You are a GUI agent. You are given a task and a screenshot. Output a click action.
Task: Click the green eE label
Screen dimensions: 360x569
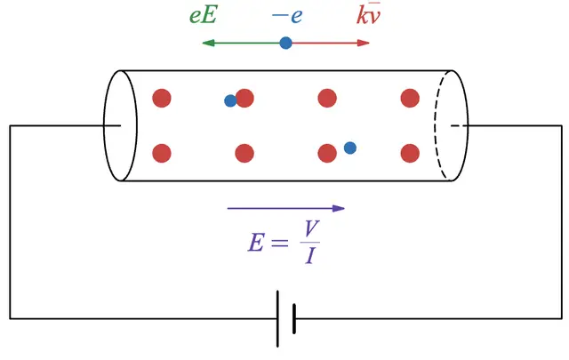[204, 17]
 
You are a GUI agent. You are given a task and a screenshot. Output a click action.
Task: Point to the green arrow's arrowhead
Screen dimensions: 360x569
[207, 43]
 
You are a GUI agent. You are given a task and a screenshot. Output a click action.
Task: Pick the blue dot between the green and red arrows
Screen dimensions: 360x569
[285, 43]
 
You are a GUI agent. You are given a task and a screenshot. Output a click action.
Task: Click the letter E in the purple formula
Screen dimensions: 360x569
[256, 243]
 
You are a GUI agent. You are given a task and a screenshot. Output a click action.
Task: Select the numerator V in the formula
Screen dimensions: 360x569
[309, 229]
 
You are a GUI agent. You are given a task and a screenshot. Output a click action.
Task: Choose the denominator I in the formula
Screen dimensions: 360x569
[309, 258]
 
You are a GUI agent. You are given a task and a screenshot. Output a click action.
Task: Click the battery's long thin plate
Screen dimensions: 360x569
[277, 317]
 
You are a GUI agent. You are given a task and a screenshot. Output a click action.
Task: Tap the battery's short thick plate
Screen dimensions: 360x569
[293, 317]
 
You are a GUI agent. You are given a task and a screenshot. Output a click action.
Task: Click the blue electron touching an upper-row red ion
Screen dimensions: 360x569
[230, 101]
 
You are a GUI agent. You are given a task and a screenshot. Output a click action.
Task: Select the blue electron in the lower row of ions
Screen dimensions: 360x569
[350, 148]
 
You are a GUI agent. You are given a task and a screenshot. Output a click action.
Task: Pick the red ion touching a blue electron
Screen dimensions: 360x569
[244, 98]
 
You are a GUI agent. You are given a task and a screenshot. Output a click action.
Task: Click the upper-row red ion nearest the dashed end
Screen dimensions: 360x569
[410, 98]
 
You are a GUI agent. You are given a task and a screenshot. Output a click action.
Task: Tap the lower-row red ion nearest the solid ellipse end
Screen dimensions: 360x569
[161, 154]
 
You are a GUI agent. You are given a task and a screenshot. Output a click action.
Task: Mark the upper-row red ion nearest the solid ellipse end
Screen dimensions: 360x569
[161, 98]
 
